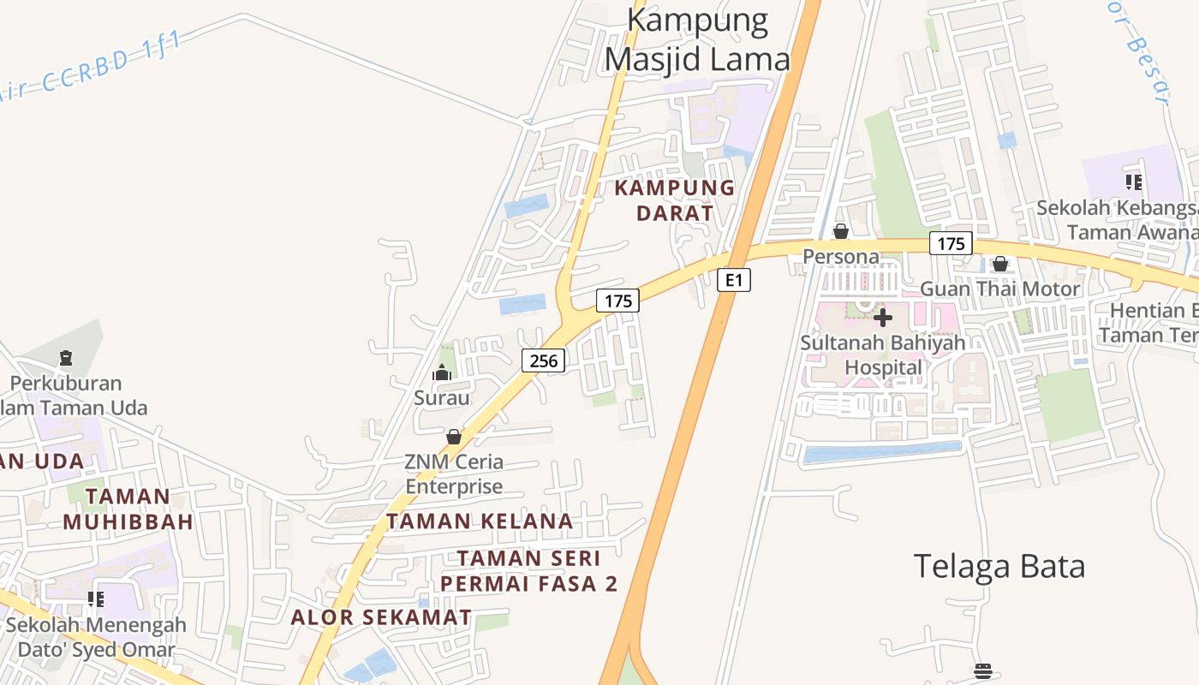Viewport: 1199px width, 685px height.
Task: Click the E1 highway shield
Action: (x=733, y=280)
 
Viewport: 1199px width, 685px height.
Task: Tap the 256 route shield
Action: (x=544, y=361)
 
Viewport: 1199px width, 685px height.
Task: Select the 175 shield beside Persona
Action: (x=951, y=243)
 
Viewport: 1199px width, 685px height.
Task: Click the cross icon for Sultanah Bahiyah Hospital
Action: (x=883, y=318)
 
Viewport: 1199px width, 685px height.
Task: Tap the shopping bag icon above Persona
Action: (x=841, y=231)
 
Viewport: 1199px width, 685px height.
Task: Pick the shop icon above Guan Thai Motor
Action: (x=999, y=264)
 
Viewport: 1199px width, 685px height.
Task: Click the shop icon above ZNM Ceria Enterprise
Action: (x=454, y=438)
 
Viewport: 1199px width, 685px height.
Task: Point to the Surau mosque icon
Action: (x=442, y=372)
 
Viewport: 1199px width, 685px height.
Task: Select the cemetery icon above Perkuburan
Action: (x=66, y=357)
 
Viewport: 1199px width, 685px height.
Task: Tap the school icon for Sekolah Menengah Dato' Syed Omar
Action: (x=96, y=599)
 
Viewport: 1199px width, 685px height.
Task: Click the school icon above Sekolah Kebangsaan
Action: (x=1134, y=182)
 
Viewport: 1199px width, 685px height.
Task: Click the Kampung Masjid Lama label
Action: (x=697, y=39)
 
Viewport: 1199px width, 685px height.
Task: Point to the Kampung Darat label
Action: (x=675, y=200)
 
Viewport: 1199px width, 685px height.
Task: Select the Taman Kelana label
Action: (x=480, y=521)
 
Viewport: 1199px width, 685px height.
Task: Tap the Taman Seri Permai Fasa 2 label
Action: (x=528, y=571)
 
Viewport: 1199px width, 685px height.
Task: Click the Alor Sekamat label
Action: (x=381, y=617)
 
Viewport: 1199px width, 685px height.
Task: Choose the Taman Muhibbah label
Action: (x=128, y=509)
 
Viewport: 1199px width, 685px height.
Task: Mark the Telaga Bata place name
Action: (x=999, y=566)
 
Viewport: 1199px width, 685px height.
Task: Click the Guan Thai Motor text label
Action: (x=999, y=289)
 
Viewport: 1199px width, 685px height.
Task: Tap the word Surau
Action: (x=442, y=398)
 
